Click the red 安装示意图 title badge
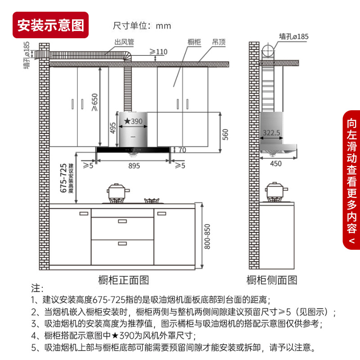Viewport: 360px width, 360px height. coord(50,25)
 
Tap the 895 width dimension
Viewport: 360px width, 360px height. coord(131,166)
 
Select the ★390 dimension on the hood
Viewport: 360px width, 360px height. coord(133,121)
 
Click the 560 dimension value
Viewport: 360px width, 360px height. coord(226,134)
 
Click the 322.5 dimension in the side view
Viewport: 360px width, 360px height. coord(271,133)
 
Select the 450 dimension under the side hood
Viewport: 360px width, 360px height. coord(276,163)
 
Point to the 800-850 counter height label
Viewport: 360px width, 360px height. coord(207,236)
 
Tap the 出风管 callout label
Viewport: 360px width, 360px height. coord(124,42)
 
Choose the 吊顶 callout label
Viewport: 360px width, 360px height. coord(219,42)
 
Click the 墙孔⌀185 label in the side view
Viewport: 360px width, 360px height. coord(293,36)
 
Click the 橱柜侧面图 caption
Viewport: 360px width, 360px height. coord(272,280)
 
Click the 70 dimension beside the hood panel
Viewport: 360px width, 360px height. coord(182,150)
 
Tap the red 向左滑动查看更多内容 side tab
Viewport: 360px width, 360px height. coord(351,180)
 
